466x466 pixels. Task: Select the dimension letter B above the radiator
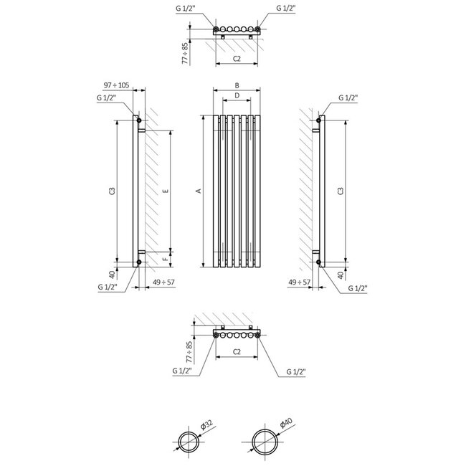pos(237,85)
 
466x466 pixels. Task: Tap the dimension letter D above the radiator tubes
pos(237,95)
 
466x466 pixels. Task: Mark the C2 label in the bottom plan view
pos(237,353)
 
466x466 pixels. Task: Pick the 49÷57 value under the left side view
pos(164,282)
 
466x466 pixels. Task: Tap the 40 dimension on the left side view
pos(113,274)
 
